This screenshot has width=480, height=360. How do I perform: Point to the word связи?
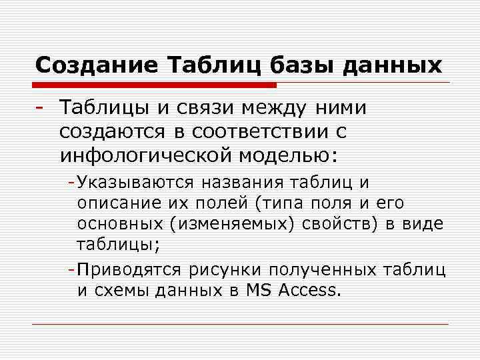pyautogui.click(x=197, y=107)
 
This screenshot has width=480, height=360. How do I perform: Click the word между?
pyautogui.click(x=270, y=107)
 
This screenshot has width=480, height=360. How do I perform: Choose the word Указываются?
pyautogui.click(x=135, y=183)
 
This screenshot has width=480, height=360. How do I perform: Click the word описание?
pyautogui.click(x=113, y=203)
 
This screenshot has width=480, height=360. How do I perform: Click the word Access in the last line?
pyautogui.click(x=311, y=290)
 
